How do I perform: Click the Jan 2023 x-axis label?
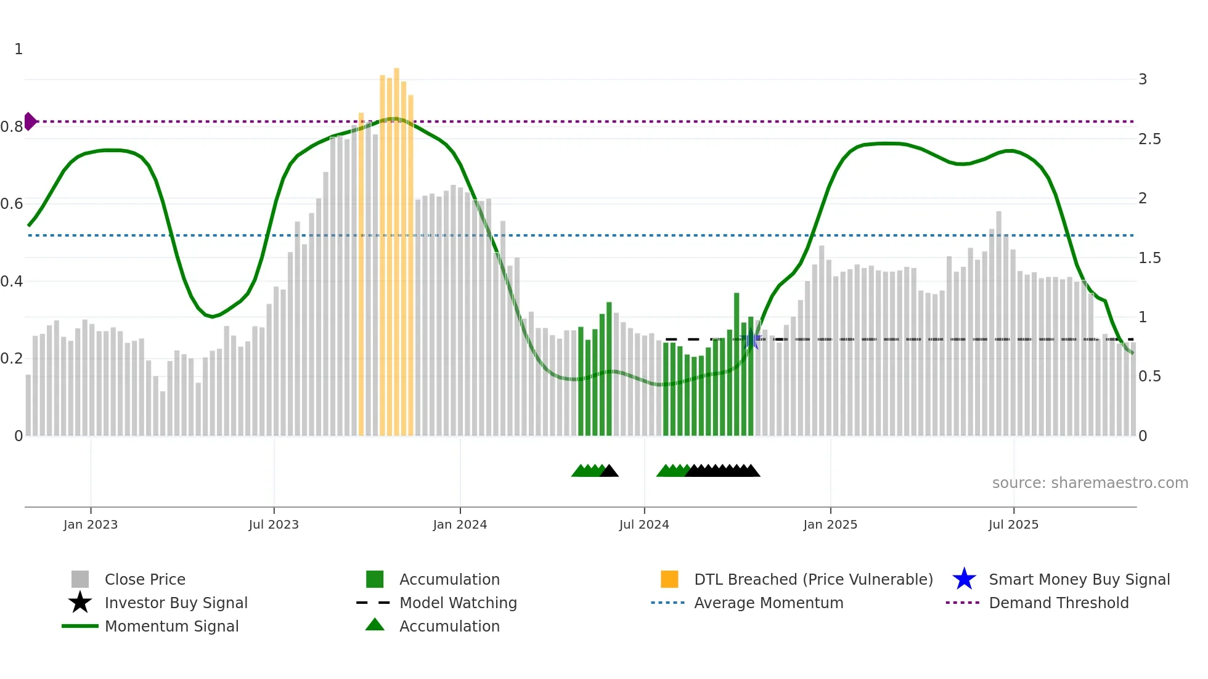[91, 524]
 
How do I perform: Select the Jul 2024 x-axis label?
[644, 524]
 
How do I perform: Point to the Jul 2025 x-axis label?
[1013, 524]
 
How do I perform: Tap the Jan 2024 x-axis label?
[460, 524]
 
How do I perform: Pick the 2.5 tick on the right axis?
[1149, 139]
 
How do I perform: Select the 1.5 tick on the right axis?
[1149, 258]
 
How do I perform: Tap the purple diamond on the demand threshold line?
[30, 121]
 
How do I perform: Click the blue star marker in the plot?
[751, 340]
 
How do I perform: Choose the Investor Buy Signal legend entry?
[176, 603]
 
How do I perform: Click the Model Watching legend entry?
[458, 603]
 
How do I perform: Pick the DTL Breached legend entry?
[813, 579]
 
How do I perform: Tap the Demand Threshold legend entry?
[1058, 603]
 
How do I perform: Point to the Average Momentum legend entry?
[769, 603]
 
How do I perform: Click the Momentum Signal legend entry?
[171, 626]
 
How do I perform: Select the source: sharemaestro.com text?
[1090, 483]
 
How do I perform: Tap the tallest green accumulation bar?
[737, 364]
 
